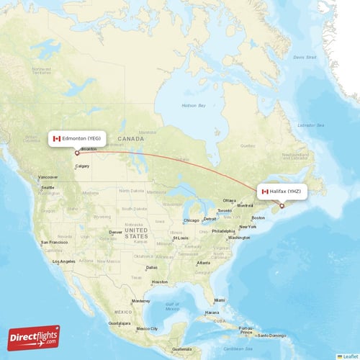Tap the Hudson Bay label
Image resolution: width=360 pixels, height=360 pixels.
[x=193, y=105]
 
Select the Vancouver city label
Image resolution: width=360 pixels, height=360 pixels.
[x=48, y=177]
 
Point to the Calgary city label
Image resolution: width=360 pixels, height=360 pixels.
[x=82, y=166]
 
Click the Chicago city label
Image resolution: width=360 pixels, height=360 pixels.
[x=191, y=220]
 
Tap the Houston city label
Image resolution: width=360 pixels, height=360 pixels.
[x=159, y=282]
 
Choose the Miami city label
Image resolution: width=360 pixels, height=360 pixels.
[x=220, y=300]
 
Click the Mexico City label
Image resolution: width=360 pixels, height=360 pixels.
[x=147, y=328]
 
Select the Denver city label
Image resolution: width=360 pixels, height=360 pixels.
[x=116, y=232]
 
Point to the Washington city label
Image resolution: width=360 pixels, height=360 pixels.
[x=239, y=238]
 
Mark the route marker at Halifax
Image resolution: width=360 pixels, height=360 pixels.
[x=282, y=206]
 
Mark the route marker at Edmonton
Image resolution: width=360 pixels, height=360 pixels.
[x=77, y=152]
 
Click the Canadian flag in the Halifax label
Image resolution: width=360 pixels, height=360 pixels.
[x=265, y=192]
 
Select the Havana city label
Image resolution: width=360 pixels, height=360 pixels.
[x=211, y=313]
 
